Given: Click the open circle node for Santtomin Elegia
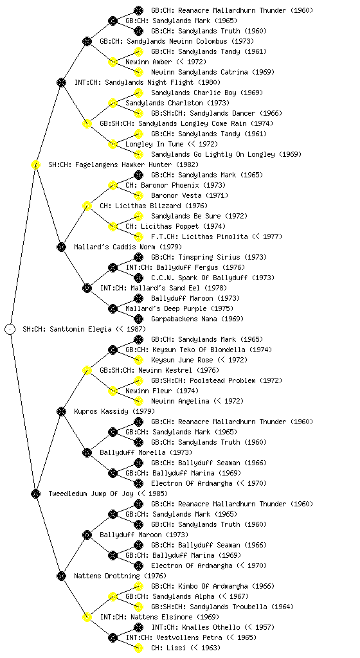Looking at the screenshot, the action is (10, 329).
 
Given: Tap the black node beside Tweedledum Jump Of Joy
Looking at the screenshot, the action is (35, 493).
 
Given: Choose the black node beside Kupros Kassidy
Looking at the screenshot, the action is (61, 411).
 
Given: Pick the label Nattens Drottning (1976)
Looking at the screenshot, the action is (120, 576).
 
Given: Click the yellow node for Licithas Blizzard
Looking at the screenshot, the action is (87, 206).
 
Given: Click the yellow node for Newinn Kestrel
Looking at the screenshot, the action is (87, 370).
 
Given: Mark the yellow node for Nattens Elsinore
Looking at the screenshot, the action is (87, 617).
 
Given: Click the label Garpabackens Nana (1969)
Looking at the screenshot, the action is (197, 319).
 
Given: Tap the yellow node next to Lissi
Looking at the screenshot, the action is (138, 648).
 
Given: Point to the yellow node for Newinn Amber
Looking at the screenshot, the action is (113, 62).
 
